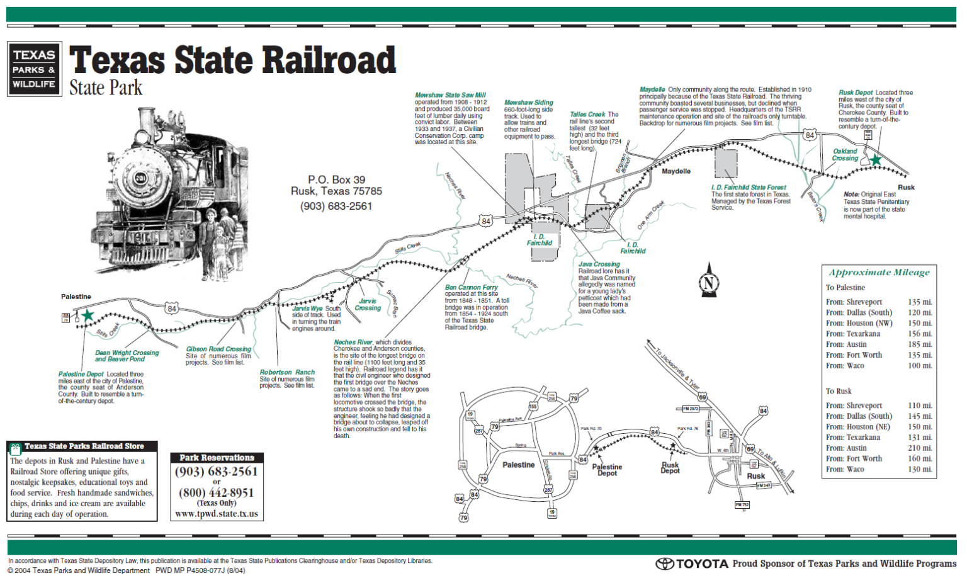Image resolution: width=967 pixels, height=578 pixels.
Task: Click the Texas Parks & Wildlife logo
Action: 35,69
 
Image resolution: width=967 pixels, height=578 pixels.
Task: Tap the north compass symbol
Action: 709,281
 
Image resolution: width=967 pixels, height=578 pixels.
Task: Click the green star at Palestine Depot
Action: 88,315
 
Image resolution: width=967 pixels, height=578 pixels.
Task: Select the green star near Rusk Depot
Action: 875,160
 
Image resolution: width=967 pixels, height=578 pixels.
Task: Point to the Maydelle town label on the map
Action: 676,171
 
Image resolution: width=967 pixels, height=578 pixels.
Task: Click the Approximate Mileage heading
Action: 879,273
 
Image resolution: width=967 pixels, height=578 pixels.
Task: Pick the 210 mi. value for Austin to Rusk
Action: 920,448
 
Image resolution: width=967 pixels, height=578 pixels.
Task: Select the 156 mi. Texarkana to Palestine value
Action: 920,334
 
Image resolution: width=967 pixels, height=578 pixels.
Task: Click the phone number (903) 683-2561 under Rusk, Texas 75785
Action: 336,206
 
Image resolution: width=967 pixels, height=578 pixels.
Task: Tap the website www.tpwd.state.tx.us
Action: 217,514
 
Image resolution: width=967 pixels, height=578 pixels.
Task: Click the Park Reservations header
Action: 217,458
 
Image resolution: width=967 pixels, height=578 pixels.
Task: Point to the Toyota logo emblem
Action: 665,564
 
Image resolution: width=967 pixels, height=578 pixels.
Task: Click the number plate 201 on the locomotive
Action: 140,178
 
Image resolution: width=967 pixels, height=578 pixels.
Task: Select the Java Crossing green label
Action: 599,264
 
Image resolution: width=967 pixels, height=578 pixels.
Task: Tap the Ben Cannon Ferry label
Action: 471,287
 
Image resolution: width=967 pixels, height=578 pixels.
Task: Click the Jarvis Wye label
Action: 307,309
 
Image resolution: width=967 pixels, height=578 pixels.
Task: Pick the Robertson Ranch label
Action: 287,372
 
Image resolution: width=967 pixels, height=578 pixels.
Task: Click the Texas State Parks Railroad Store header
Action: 84,446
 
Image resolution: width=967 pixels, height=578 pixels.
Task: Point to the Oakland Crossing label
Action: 845,154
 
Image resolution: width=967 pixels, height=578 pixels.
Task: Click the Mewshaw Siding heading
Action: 528,103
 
